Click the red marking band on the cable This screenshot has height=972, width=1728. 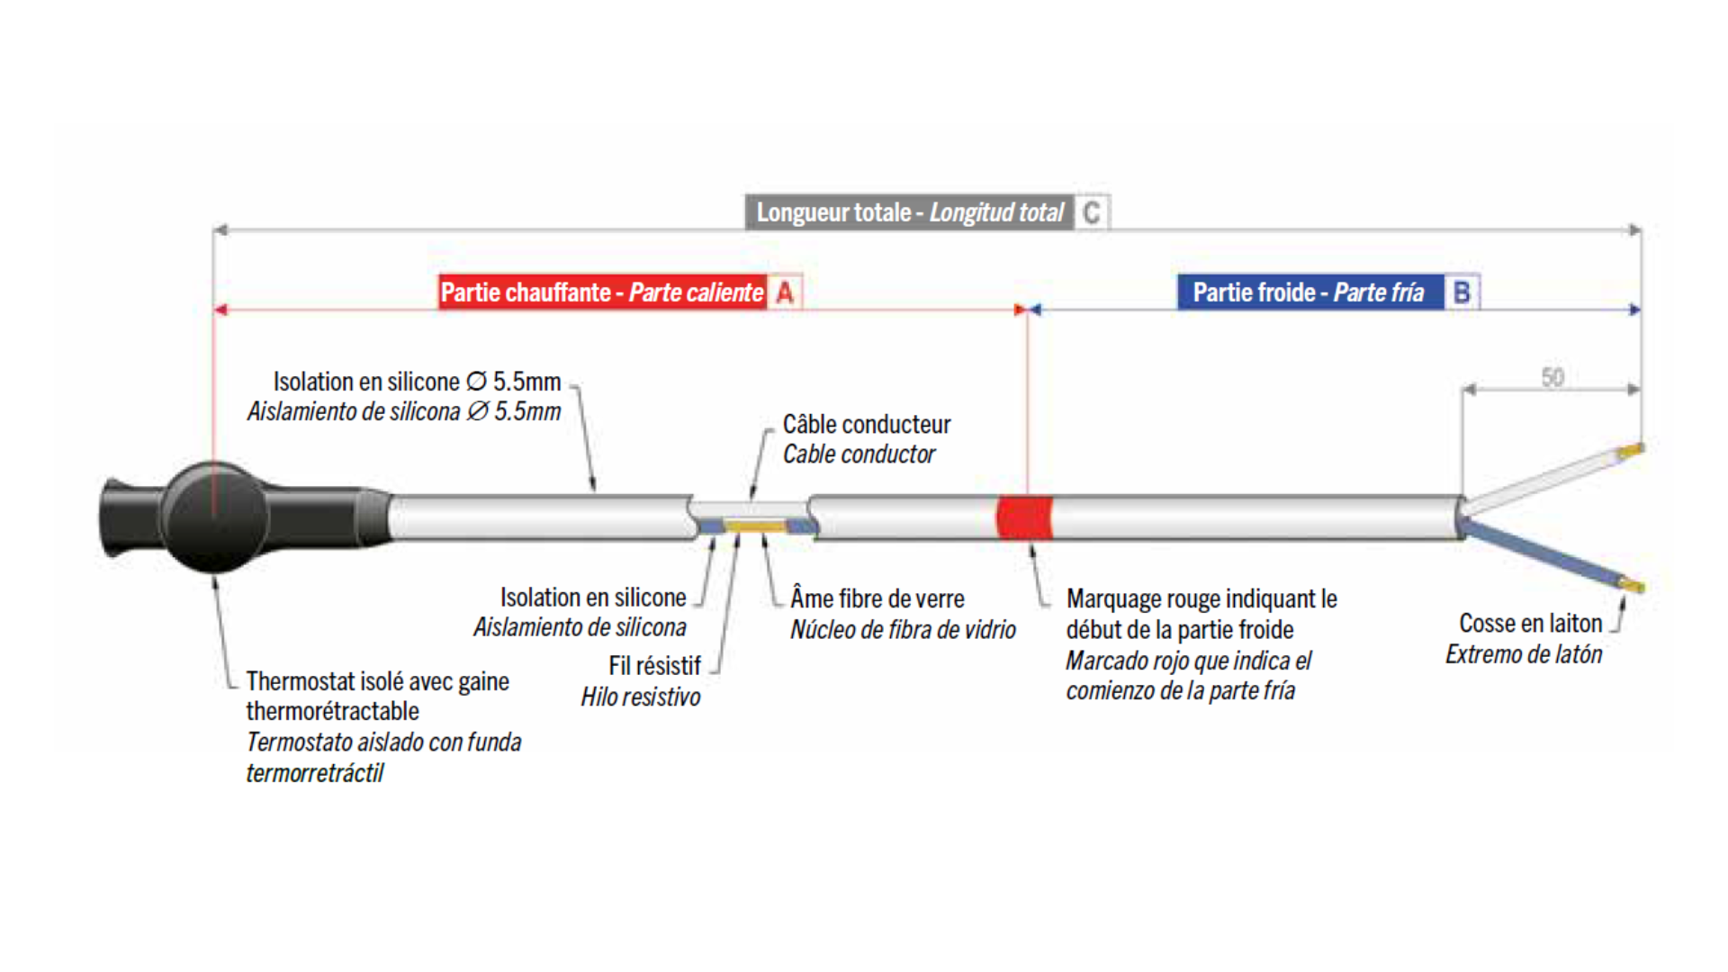(1024, 517)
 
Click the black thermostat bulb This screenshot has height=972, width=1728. (214, 517)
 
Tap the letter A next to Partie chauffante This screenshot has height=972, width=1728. (785, 292)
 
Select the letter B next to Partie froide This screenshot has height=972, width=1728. (1462, 292)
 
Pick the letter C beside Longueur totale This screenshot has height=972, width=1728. (1092, 213)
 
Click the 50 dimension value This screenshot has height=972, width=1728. (1552, 377)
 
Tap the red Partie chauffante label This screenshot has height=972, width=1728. (602, 292)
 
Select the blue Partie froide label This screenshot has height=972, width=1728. (1309, 292)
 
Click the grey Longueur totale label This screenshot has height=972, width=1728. (909, 213)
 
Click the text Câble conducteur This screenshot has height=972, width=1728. (867, 424)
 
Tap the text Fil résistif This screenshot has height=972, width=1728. (654, 666)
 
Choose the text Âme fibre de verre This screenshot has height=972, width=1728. (877, 598)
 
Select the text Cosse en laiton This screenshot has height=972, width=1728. (1530, 623)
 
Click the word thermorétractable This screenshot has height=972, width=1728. (333, 711)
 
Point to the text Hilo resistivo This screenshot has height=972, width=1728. (641, 697)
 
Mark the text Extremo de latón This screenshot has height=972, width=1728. (1524, 654)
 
